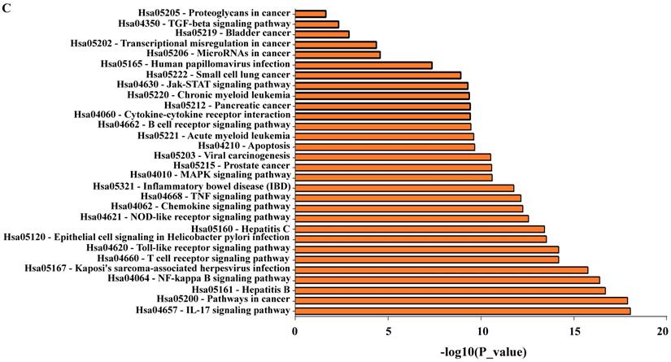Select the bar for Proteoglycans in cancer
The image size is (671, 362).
[310, 14]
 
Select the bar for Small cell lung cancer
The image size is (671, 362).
[377, 75]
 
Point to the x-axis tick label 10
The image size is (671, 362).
[481, 330]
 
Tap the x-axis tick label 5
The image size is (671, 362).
[389, 330]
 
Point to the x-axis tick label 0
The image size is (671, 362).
[295, 330]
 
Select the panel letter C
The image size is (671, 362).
[7, 7]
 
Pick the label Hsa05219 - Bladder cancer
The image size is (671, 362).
[223, 34]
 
